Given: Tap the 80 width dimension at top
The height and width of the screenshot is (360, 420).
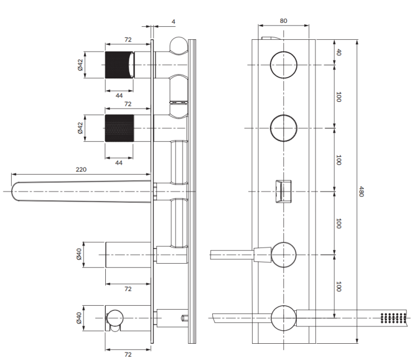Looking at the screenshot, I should coord(283,21).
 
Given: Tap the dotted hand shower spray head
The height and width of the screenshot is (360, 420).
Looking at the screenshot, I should coord(392,317).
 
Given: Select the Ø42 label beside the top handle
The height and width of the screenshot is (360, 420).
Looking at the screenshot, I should coord(80,65).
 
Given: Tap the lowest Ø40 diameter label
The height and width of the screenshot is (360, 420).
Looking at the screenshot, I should coord(80,318).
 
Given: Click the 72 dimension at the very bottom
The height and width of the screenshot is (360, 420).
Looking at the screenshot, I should coord(128,354).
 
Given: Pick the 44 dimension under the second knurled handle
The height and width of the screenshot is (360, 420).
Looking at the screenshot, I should coord(119,162).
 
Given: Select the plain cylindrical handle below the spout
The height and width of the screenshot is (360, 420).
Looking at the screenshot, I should coord(128,255).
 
